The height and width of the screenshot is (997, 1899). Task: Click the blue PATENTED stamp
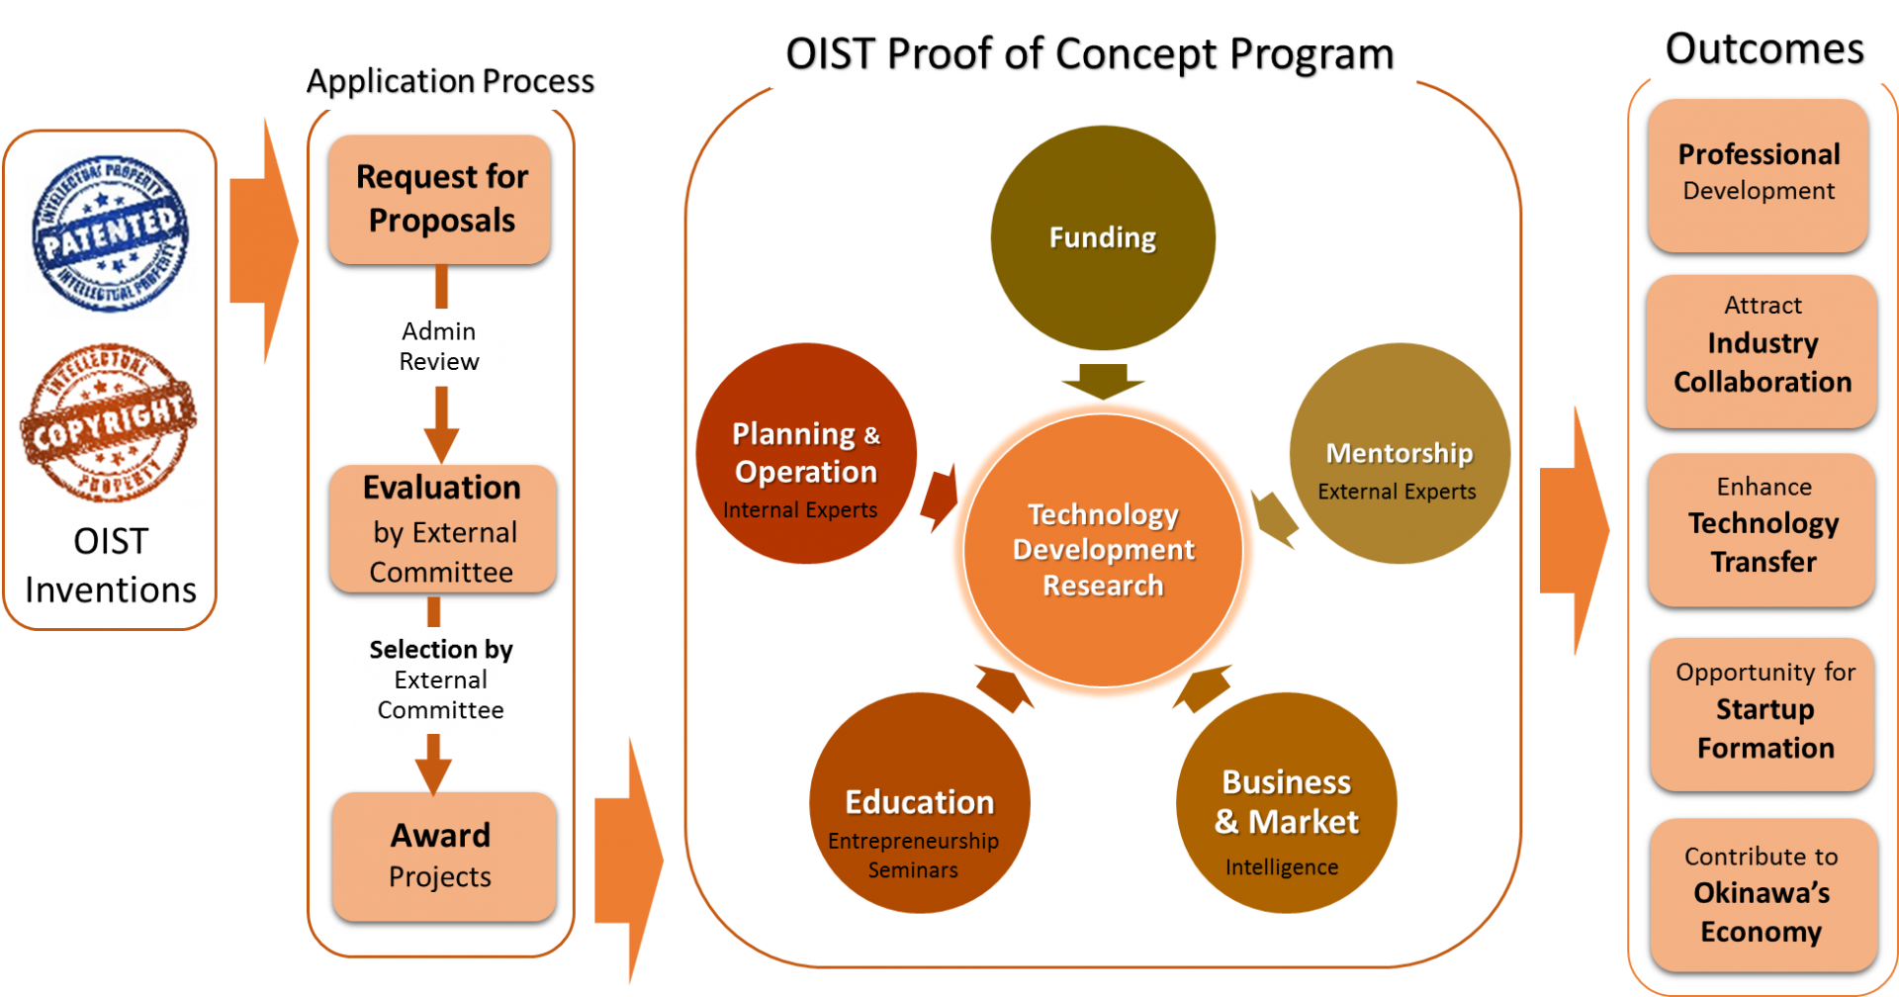pyautogui.click(x=110, y=234)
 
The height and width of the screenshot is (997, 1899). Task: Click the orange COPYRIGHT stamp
pyautogui.click(x=109, y=424)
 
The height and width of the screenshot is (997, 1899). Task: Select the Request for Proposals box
pyautogui.click(x=440, y=199)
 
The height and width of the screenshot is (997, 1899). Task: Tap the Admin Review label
pyautogui.click(x=439, y=347)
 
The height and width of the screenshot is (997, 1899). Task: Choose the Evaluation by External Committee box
pyautogui.click(x=442, y=529)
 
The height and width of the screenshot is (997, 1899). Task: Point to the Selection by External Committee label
pyautogui.click(x=441, y=680)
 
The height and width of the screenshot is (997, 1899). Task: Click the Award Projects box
pyautogui.click(x=443, y=857)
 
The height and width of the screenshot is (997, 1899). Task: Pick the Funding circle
pyautogui.click(x=1103, y=237)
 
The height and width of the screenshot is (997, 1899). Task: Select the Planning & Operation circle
pyautogui.click(x=806, y=454)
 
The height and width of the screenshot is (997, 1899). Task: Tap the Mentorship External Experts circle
pyautogui.click(x=1400, y=454)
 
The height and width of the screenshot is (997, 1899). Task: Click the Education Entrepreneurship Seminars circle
pyautogui.click(x=919, y=802)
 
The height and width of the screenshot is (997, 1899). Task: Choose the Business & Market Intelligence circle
pyautogui.click(x=1286, y=802)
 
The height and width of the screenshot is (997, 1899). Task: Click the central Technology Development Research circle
pyautogui.click(x=1103, y=550)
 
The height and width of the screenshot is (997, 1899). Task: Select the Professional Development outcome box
pyautogui.click(x=1759, y=174)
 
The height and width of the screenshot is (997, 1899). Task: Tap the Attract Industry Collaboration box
pyautogui.click(x=1762, y=351)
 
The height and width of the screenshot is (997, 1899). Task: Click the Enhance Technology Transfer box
pyautogui.click(x=1763, y=530)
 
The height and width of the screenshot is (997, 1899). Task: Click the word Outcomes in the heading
pyautogui.click(x=1764, y=48)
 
